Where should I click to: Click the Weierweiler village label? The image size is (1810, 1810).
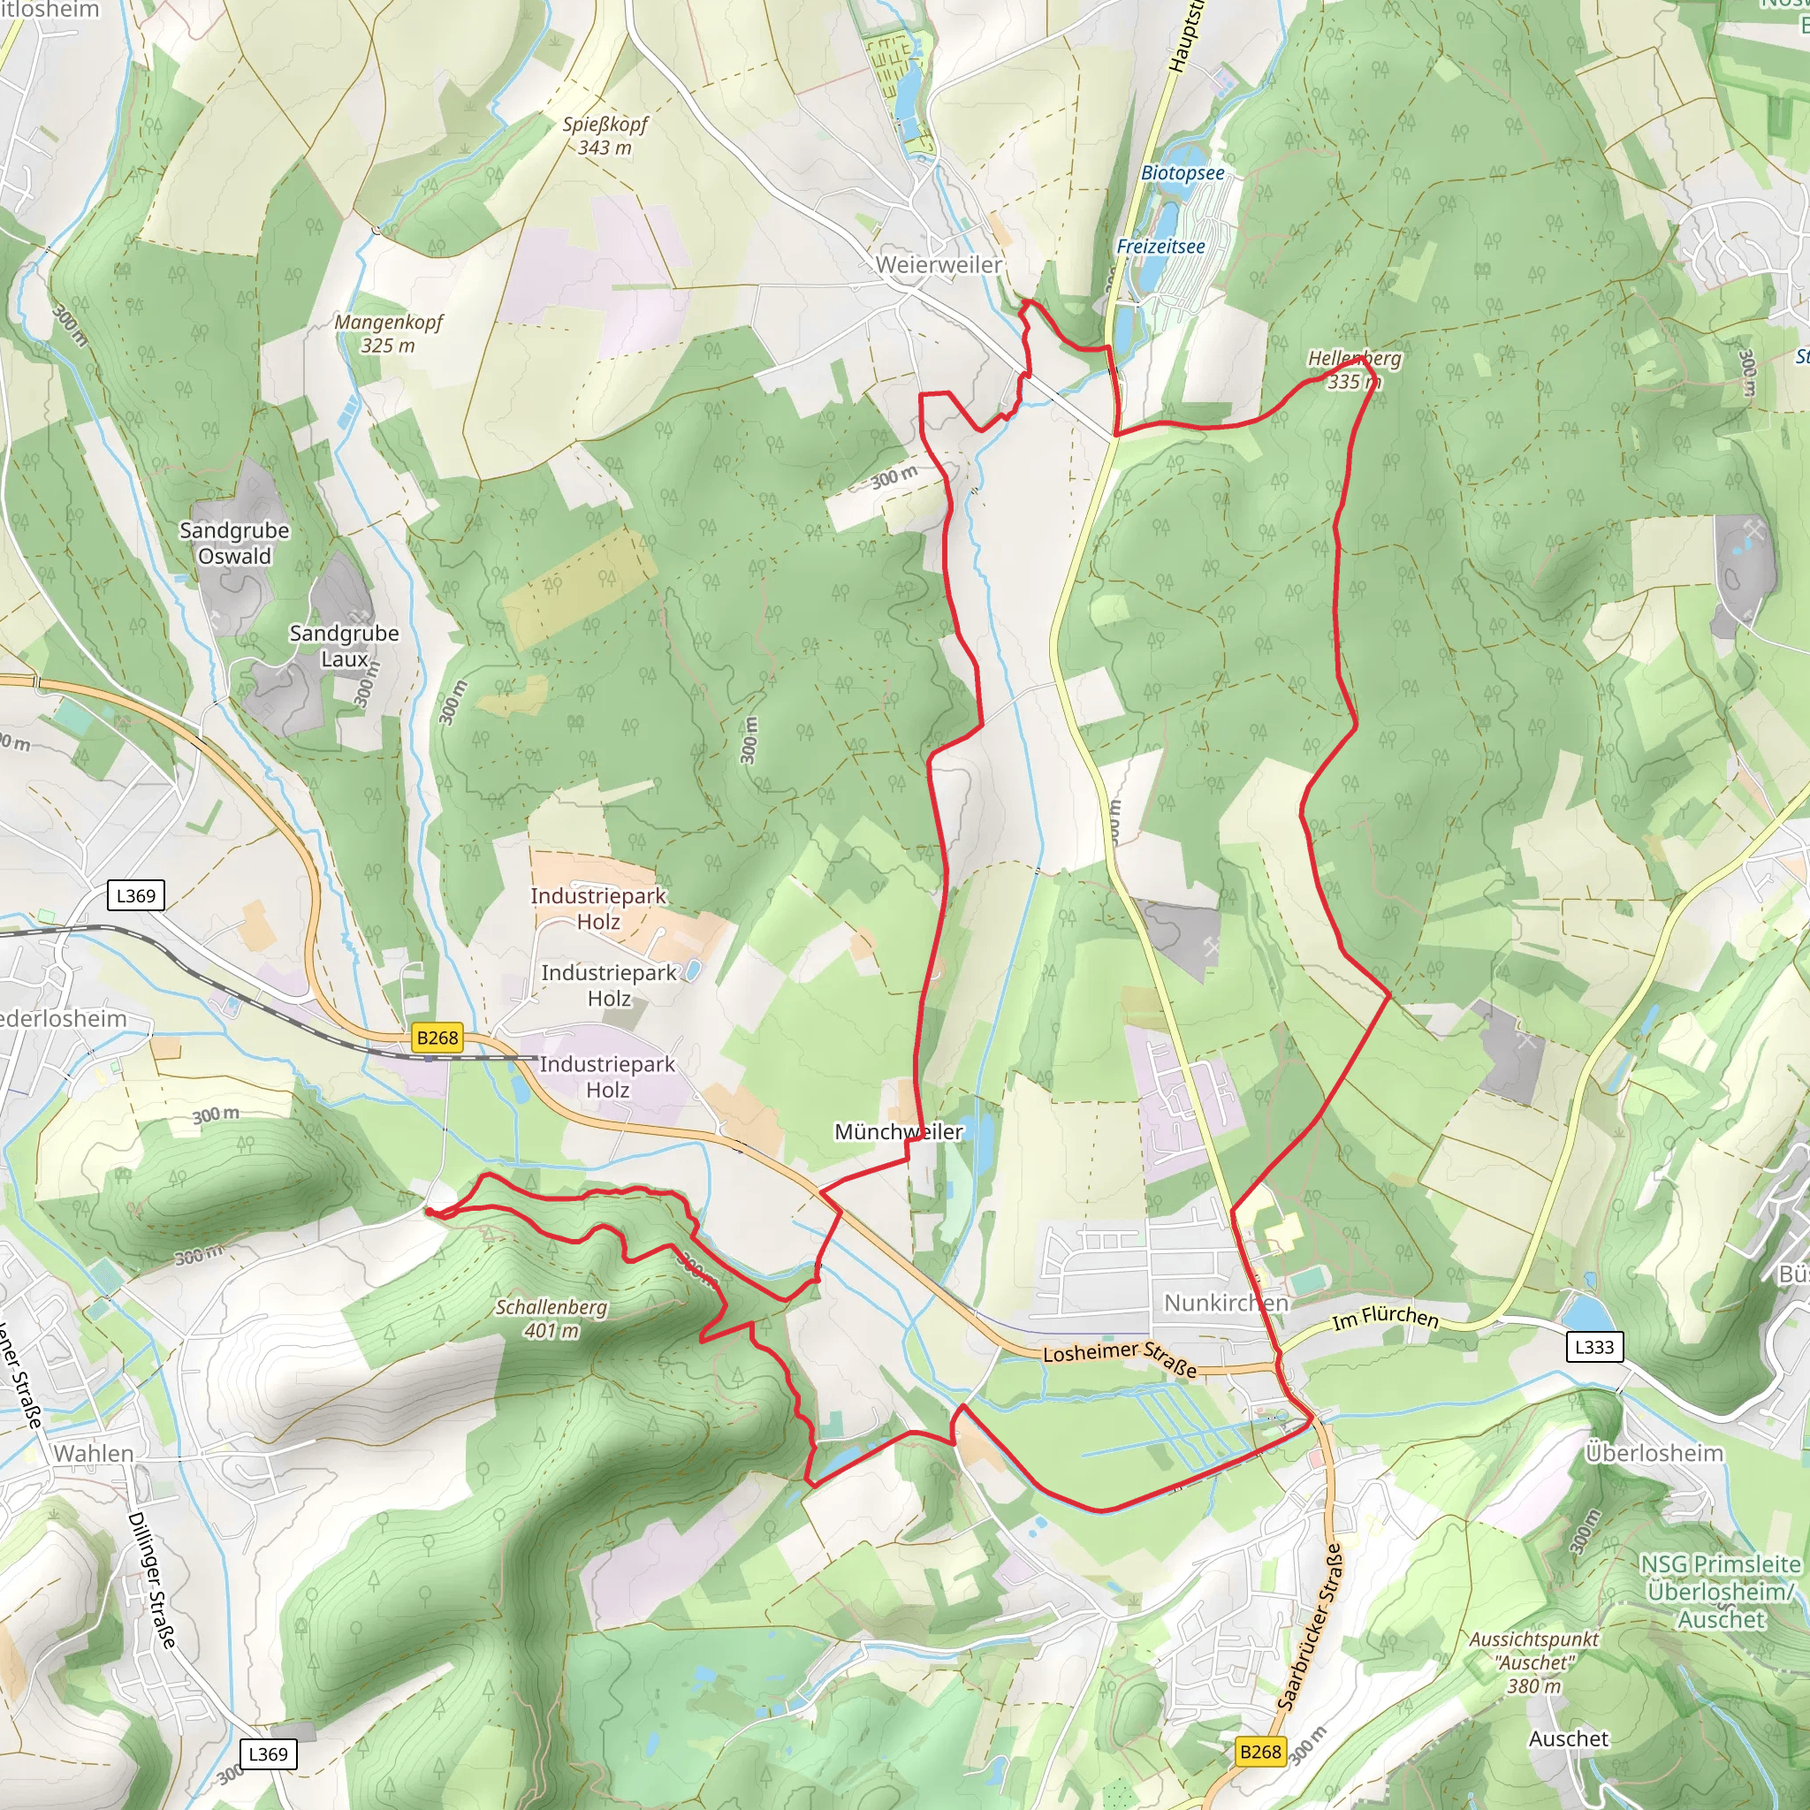[939, 265]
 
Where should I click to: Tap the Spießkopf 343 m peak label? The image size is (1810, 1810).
[605, 136]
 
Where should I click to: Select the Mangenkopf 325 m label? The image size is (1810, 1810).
[389, 333]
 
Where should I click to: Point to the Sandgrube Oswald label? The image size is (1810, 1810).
[234, 544]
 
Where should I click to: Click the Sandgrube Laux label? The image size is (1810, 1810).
[344, 646]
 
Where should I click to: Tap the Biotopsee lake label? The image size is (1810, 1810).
[1183, 173]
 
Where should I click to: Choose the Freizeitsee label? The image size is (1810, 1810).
[1160, 247]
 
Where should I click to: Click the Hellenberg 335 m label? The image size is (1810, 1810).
[1355, 370]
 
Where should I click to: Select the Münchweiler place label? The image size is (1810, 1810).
[899, 1132]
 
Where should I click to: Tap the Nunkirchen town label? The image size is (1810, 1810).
[1226, 1304]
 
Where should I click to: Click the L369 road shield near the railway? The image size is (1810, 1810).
[136, 895]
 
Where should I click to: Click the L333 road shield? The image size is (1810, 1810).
[1594, 1347]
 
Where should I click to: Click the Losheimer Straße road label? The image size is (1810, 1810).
[1120, 1358]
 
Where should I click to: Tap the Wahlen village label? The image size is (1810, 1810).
[94, 1453]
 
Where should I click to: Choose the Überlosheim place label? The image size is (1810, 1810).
[1654, 1453]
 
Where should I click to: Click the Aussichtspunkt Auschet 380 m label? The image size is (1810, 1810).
[1533, 1663]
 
